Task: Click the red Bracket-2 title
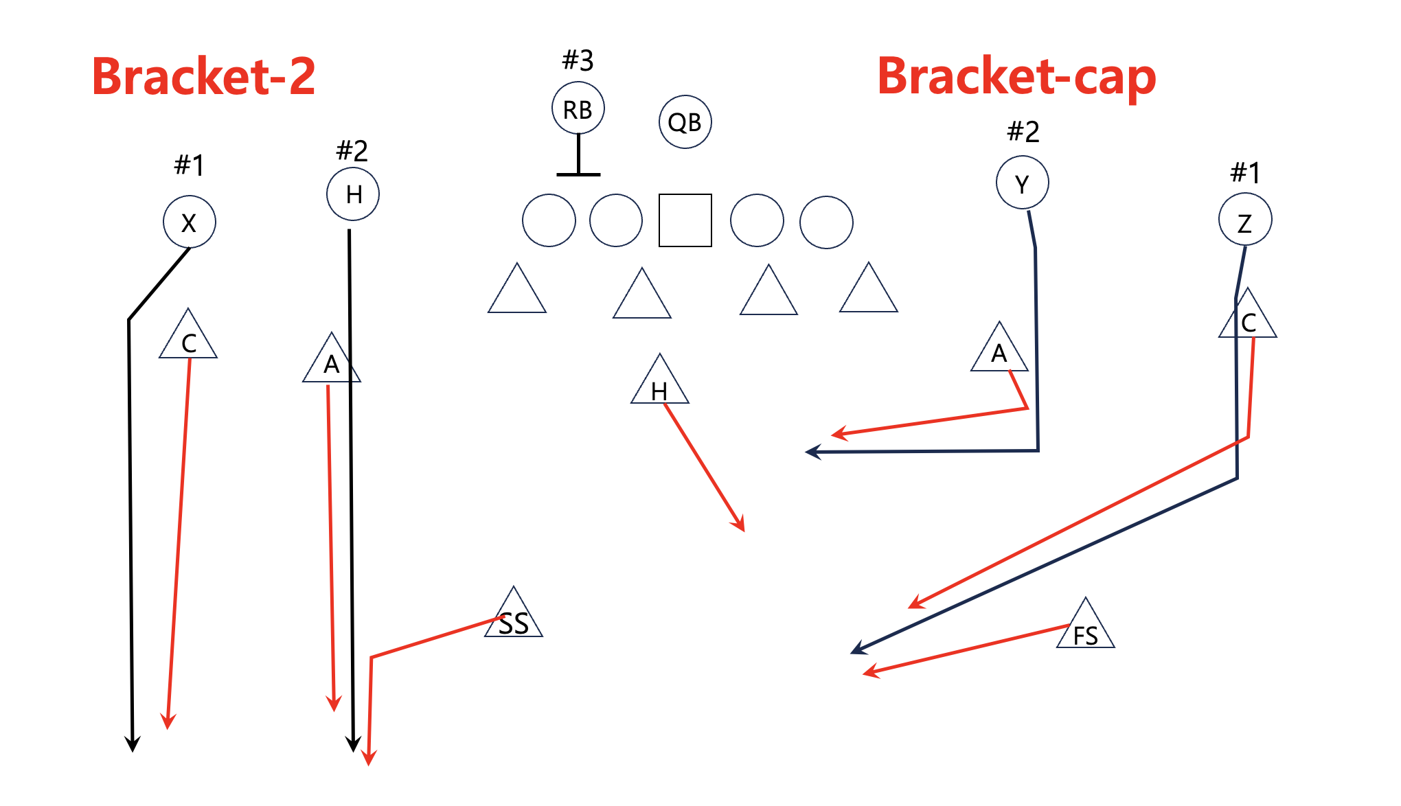pos(203,76)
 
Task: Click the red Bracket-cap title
pos(1016,76)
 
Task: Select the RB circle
pos(578,108)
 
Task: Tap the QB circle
pos(685,122)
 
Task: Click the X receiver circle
pos(189,222)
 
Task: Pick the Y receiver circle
pos(1022,183)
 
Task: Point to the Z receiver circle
pos(1244,220)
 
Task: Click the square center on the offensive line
pos(685,220)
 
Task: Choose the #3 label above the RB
pos(578,60)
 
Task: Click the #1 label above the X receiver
pos(189,165)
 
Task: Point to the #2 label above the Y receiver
pos(1023,131)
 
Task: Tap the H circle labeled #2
pos(353,194)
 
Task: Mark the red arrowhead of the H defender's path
pos(740,525)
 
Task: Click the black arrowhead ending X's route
pos(133,745)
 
